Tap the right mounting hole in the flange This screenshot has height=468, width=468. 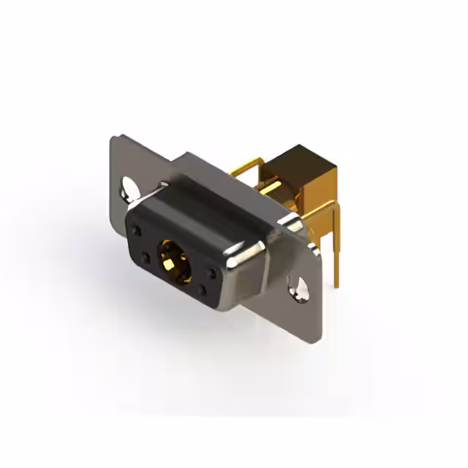(299, 287)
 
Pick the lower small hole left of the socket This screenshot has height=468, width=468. (146, 257)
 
